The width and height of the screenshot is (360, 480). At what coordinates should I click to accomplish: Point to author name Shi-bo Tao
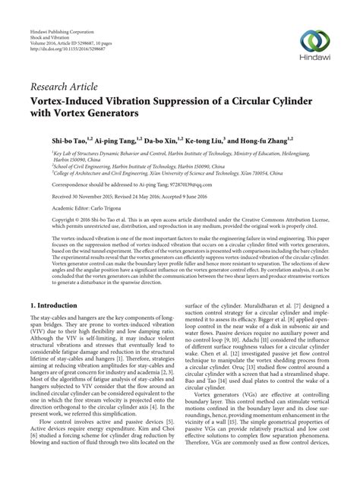coord(51,141)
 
